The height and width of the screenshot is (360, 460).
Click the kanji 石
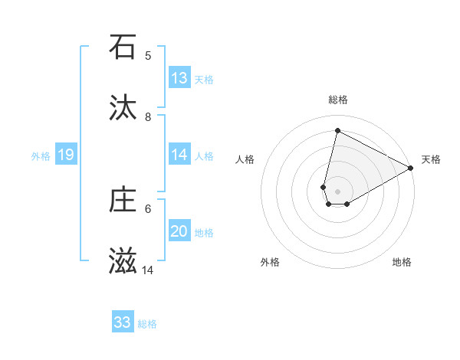pos(123,47)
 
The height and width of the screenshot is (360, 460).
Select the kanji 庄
pos(123,200)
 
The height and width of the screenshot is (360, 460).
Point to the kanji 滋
pos(123,262)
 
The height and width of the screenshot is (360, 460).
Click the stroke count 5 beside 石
pos(148,55)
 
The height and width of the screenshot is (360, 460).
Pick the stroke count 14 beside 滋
pos(148,270)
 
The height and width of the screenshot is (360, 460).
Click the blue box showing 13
pos(179,78)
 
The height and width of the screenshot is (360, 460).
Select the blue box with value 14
pos(179,155)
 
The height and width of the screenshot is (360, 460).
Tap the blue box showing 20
pos(179,231)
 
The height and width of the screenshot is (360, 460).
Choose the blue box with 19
pos(66,155)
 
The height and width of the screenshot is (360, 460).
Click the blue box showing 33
pos(123,322)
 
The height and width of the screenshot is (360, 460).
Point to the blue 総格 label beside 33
pos(147,324)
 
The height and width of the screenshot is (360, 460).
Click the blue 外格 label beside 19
pos(41,156)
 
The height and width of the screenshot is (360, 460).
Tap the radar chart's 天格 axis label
pos(431,159)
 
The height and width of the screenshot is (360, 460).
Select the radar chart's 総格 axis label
pos(338,100)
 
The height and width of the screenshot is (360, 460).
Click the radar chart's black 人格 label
pos(245,159)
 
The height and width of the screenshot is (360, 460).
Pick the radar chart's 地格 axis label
pos(402,262)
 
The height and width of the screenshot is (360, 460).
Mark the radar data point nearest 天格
pos(411,169)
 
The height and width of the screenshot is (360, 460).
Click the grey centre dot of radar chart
pos(338,181)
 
